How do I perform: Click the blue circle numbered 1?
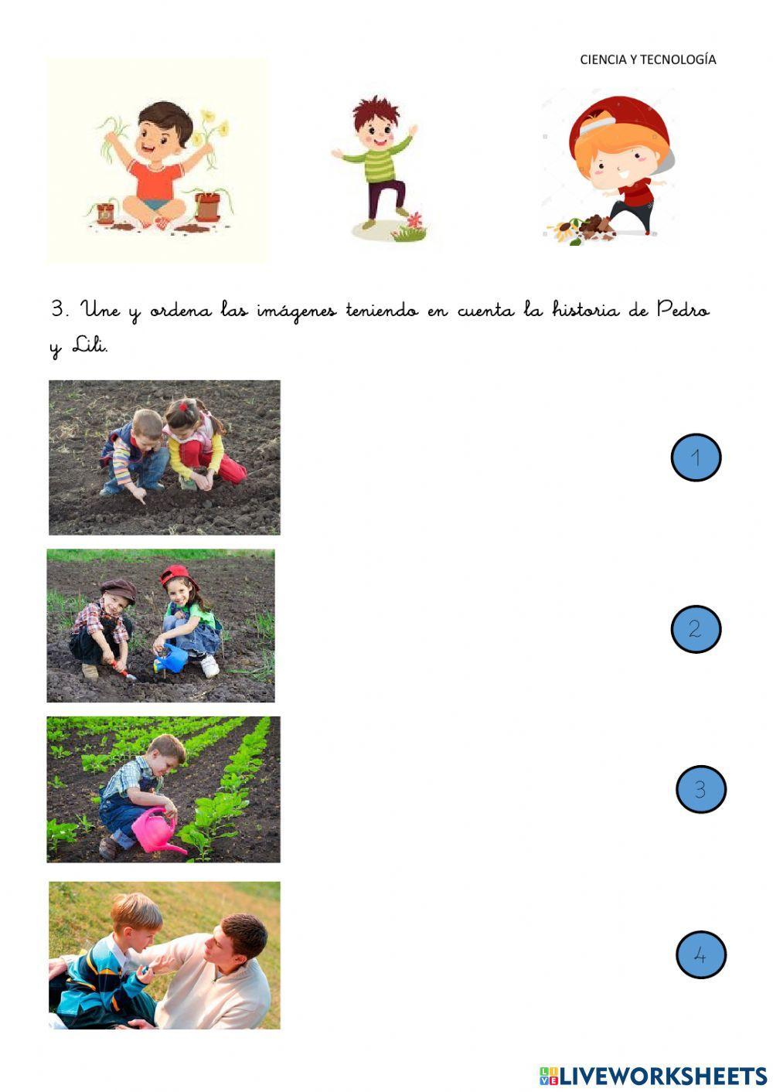696,458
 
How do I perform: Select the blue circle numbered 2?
696,629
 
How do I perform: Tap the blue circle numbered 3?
701,789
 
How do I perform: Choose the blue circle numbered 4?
701,954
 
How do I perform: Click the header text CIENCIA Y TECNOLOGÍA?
648,60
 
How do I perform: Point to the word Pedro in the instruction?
683,310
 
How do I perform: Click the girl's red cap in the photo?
178,575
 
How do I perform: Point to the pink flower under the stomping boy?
414,221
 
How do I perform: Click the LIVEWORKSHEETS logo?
653,1076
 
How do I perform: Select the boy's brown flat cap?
119,590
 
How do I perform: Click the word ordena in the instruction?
181,311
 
